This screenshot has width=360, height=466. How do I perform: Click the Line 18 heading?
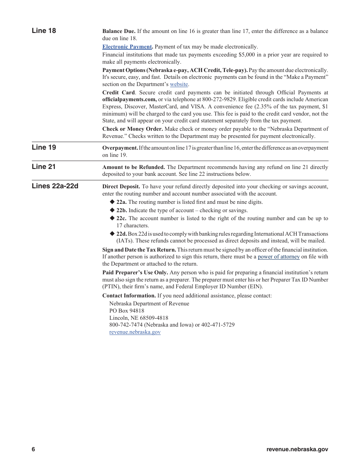(x=44, y=31)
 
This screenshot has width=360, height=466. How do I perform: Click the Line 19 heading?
(x=44, y=147)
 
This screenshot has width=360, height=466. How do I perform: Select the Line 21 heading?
(x=44, y=166)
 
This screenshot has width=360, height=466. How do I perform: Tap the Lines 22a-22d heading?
(x=55, y=186)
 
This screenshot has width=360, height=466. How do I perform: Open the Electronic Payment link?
(x=127, y=47)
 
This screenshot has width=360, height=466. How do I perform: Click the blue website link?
(x=179, y=84)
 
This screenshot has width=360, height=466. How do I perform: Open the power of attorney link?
(x=279, y=256)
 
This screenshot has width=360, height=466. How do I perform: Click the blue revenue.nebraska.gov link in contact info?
(x=135, y=332)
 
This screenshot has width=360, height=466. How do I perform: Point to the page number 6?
(x=33, y=449)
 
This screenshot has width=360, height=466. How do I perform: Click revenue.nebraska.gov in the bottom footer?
(x=297, y=449)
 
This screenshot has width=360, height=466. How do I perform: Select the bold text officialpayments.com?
(x=129, y=99)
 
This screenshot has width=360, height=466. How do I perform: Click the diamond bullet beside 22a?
(x=112, y=202)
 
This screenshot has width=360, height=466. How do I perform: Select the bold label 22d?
(x=121, y=234)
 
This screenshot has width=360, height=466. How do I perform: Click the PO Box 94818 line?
(x=127, y=311)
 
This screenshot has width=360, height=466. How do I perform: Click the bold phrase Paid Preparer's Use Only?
(x=135, y=272)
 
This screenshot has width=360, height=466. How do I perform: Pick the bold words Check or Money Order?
(x=132, y=129)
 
